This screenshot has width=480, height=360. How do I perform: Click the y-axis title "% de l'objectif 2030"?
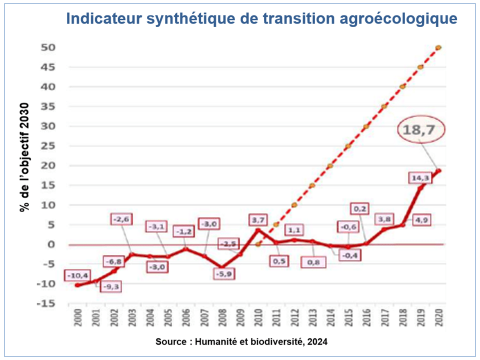pyautogui.click(x=24, y=157)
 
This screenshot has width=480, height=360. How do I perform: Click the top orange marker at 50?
pyautogui.click(x=438, y=47)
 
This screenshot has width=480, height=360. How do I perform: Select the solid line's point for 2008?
pyautogui.click(x=222, y=267)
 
